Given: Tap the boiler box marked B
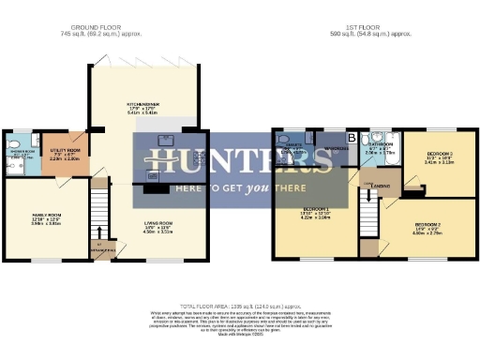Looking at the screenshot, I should click(351, 139).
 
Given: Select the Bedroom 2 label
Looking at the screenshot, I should click(427, 226).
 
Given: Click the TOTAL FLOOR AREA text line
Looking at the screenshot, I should click(239, 307).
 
